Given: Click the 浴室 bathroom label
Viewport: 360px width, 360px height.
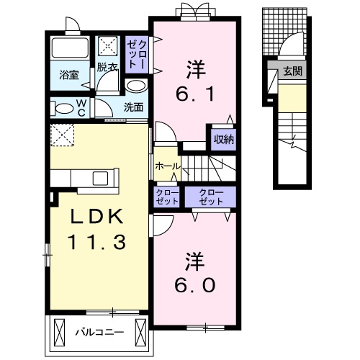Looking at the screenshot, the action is point(69,75).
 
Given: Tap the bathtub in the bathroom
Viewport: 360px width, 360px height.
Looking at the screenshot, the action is point(70,48).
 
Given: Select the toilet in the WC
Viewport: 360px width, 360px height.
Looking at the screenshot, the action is point(62,108).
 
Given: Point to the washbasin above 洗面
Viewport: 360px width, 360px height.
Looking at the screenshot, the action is point(136,86).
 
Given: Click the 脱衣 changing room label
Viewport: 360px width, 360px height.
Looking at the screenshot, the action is point(107,67).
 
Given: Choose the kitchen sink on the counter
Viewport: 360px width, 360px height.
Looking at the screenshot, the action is point(100,179).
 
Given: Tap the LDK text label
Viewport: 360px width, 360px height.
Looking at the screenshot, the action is point(96,216).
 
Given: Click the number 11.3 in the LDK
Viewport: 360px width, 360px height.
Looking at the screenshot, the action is point(96,242).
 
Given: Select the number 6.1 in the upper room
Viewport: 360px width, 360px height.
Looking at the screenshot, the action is point(195,94).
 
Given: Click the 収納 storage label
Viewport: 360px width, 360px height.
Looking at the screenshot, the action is point(224,139).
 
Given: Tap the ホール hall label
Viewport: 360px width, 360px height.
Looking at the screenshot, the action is point(167,166).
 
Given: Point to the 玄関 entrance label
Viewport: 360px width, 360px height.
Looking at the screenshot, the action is point(292,71).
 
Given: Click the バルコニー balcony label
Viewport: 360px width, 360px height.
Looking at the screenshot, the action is point(100,332).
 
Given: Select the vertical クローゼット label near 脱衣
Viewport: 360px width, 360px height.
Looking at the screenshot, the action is point(137,55).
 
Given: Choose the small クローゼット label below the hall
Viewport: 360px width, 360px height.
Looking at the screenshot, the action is point(167,197).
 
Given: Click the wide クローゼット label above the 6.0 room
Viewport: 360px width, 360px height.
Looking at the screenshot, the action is point(211,197).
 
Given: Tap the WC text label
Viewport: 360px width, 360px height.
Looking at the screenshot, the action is point(81,108).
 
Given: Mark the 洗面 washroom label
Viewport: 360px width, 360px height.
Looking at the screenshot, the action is point(134,107).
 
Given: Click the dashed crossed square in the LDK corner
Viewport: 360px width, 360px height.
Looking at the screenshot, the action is point(62,135).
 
